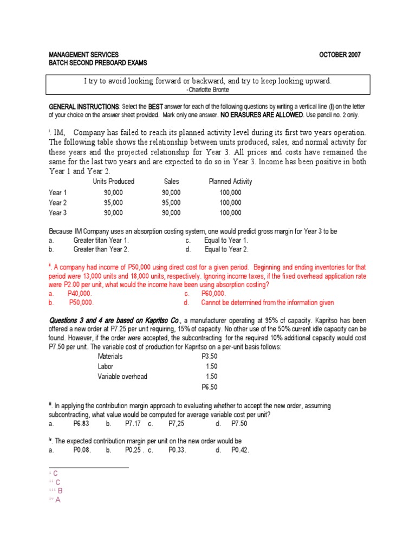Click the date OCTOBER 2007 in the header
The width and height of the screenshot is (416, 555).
(x=340, y=55)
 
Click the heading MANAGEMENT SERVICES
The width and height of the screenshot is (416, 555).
(x=83, y=55)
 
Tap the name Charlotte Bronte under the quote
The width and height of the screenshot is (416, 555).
(x=208, y=89)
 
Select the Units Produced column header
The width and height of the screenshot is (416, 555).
(x=113, y=182)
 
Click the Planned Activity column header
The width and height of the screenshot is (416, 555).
(x=230, y=182)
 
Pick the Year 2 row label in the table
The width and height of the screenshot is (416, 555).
(x=58, y=203)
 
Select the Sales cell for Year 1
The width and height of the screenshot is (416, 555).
(x=171, y=192)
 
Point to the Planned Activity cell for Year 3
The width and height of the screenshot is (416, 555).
(x=230, y=213)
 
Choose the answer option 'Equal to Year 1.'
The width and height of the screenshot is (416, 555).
(x=226, y=240)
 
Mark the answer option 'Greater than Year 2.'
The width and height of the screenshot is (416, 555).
(x=101, y=249)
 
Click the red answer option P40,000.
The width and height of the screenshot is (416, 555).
(x=80, y=293)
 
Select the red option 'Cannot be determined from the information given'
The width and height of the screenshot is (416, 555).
(x=268, y=302)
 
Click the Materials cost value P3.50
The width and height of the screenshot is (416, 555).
(x=210, y=356)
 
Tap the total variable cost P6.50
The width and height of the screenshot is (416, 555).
(x=210, y=387)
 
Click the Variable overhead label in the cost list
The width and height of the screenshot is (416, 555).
(x=122, y=377)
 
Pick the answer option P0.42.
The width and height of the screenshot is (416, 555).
(x=240, y=450)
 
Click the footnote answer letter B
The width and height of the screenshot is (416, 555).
(x=60, y=491)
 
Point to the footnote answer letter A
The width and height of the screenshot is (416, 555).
(x=57, y=500)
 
